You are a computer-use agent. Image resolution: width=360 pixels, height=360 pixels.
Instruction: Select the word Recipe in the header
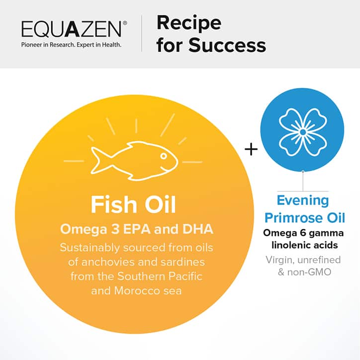[189, 22]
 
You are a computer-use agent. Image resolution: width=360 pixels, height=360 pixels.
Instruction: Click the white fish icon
[134, 159]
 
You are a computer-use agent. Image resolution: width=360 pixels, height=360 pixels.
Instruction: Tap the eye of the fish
[163, 155]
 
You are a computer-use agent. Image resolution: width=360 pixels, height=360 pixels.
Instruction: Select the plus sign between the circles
[252, 149]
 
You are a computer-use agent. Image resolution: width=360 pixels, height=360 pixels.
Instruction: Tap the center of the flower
[302, 131]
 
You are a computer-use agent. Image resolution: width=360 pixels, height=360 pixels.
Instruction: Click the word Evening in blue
[303, 201]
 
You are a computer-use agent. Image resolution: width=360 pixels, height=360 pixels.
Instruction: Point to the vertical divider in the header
[142, 33]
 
